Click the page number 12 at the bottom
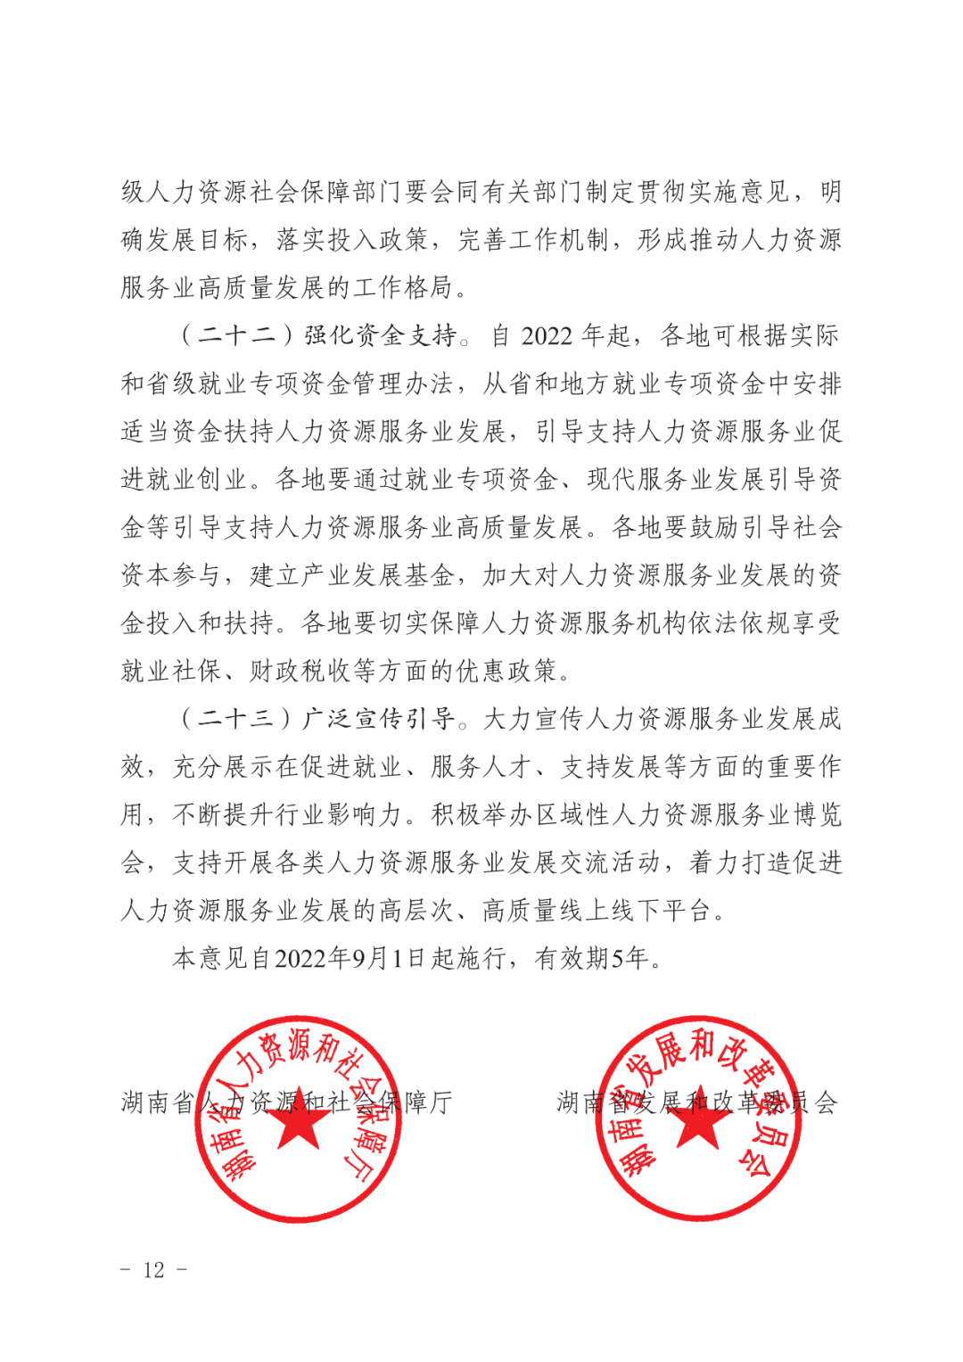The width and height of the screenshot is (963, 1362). [153, 1270]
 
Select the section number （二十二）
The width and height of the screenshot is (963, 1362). [237, 335]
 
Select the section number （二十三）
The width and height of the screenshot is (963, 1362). [237, 719]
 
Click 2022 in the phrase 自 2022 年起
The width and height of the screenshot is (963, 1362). [547, 336]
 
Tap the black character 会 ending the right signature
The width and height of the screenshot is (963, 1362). [826, 1103]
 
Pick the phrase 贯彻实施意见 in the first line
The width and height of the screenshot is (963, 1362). [713, 192]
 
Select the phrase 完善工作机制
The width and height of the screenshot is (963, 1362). [534, 240]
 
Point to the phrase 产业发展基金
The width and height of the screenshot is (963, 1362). [352, 575]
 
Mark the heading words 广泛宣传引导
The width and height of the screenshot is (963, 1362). [380, 719]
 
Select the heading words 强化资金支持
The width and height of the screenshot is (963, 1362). [380, 335]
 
